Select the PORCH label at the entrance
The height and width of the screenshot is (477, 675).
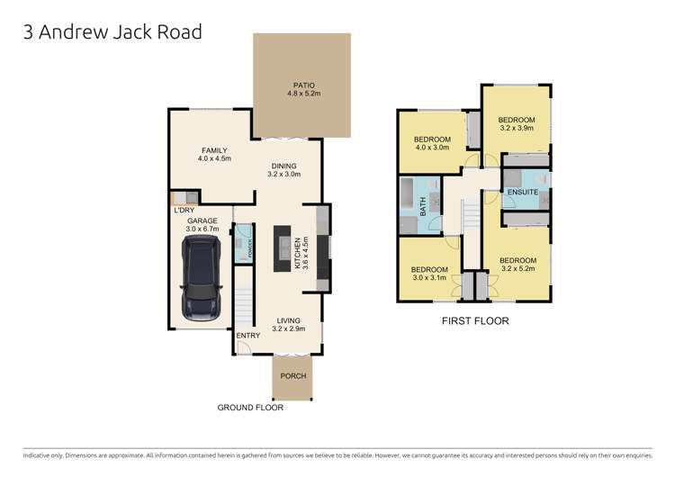point(293,376)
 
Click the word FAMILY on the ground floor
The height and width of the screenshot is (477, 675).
point(214,150)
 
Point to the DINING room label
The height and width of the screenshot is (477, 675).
point(284,166)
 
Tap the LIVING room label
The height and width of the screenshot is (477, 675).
point(289,320)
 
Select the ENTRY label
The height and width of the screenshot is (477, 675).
point(247,336)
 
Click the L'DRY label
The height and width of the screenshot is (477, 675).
point(184,211)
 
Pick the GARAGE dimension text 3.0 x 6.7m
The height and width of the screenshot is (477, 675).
point(203,229)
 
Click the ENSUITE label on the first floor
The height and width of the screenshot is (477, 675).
point(522,193)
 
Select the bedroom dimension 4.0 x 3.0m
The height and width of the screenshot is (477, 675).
point(432,148)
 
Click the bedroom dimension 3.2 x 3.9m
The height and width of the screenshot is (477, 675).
point(517,129)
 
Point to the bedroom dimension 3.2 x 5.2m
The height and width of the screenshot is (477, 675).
point(517,267)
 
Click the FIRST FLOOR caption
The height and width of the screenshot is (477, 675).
point(475,320)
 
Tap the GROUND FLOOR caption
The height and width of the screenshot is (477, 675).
point(250,408)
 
